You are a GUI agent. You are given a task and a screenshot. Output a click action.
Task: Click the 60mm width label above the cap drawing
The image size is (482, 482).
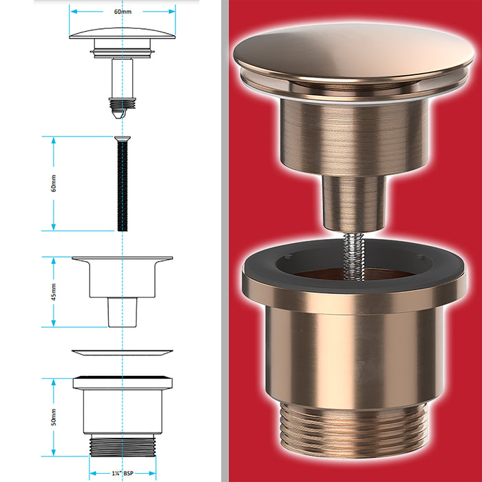[x=122, y=11]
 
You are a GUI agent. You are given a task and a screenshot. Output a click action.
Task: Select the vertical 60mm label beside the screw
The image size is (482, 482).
[x=54, y=184]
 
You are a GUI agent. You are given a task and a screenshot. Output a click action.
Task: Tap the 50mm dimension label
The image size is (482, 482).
[x=54, y=417]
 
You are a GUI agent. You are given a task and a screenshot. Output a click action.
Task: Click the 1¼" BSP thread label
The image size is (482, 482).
[x=122, y=473]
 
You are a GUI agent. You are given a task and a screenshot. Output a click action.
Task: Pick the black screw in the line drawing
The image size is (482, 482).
[x=122, y=186]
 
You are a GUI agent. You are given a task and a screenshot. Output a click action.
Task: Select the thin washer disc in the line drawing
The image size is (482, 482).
[x=122, y=353]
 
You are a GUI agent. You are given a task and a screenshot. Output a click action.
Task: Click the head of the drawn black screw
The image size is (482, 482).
[x=122, y=140]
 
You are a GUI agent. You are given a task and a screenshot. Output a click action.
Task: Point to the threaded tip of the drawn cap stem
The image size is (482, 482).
[x=122, y=104]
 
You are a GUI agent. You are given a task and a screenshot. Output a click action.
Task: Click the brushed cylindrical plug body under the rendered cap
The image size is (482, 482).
[x=351, y=134]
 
